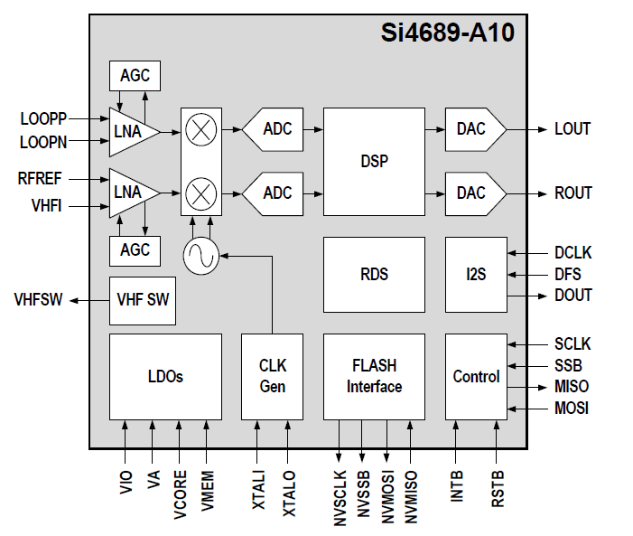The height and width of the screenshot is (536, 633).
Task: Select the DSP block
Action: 374,161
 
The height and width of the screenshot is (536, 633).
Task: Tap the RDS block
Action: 374,273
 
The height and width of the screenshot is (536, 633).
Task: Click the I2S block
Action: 476,273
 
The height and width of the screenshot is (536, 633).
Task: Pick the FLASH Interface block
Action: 374,376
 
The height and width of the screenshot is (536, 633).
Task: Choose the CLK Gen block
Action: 272,376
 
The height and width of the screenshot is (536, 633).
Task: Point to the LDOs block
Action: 165,376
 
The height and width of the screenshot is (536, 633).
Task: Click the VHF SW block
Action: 143,301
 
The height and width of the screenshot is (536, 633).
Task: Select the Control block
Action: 476,376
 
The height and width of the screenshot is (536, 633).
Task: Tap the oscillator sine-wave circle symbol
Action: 200,257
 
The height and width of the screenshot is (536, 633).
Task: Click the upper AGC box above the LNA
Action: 135,76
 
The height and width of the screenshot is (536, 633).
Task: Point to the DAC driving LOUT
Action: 474,129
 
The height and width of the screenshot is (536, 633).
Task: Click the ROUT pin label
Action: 573,193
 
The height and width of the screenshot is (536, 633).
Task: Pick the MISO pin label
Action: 572,387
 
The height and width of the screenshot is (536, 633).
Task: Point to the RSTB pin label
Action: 498,488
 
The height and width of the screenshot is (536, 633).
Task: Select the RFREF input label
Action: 40,179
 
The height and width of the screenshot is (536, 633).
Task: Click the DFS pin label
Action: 568,274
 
